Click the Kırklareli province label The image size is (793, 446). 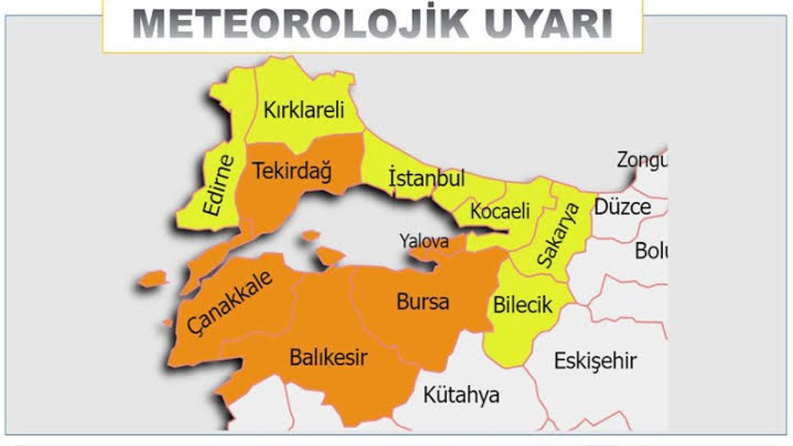tap(304, 110)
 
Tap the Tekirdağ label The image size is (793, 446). tap(292, 171)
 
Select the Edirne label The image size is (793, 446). tap(220, 185)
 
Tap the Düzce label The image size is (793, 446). tap(623, 207)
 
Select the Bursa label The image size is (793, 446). tap(423, 302)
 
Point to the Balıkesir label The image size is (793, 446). tap(328, 358)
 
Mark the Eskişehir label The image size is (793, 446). tap(595, 361)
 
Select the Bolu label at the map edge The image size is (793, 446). tap(651, 251)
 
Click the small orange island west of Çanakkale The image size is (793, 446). tap(153, 278)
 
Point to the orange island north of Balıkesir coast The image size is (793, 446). tap(330, 254)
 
